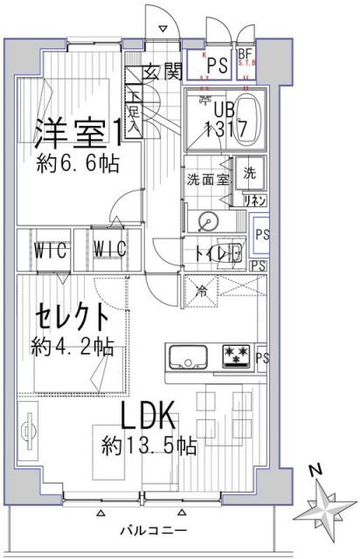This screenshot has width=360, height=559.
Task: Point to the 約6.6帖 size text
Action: pos(77,162)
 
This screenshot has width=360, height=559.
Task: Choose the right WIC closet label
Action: pos(109,250)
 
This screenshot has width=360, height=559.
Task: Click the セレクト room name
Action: pos(73,314)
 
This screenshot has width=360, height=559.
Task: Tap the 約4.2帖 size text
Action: pos(73,345)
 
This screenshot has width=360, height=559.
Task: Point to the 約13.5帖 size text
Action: pos(149,445)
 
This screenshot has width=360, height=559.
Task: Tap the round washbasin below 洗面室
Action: pos(208,219)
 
